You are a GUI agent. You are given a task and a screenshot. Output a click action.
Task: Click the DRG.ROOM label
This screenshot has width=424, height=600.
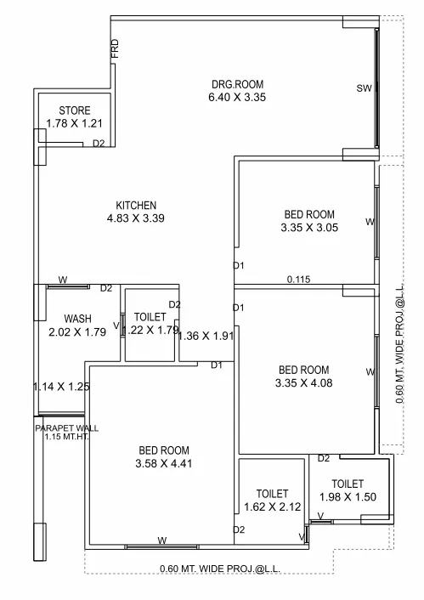(x=238, y=83)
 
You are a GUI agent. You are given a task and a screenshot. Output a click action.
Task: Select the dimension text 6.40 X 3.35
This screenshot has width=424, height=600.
(x=238, y=97)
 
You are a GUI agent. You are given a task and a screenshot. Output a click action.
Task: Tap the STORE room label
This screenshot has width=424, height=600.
(x=75, y=110)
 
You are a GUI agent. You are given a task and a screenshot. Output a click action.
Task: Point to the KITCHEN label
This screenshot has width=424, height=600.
(x=136, y=205)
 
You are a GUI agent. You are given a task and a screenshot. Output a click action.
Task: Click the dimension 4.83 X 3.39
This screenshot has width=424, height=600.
(x=136, y=218)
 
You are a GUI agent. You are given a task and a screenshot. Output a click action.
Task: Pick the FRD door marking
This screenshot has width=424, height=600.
(x=115, y=50)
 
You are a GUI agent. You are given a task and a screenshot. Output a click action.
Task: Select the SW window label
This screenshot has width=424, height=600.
(x=364, y=88)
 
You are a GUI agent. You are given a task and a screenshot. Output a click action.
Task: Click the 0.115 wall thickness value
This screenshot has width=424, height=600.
(x=299, y=279)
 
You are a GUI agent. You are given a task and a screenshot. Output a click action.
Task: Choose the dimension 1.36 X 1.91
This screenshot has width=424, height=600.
(x=205, y=336)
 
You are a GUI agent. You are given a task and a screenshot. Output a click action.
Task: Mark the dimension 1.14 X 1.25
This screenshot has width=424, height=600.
(x=60, y=387)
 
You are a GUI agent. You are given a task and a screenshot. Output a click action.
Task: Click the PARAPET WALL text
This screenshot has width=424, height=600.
(x=67, y=427)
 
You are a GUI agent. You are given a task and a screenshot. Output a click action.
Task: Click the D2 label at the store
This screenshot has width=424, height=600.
(x=99, y=143)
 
